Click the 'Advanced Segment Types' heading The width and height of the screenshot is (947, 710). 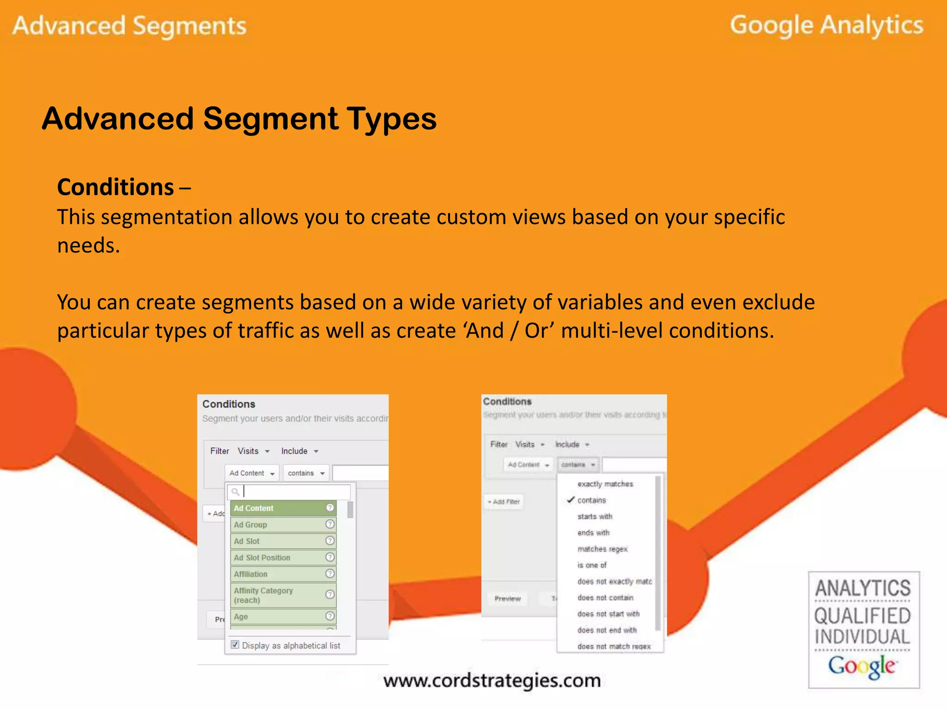tap(239, 119)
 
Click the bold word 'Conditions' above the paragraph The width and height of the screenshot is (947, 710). tap(116, 187)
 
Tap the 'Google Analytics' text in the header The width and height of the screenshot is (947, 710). tap(826, 25)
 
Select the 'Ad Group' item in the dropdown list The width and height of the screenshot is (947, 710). tap(250, 525)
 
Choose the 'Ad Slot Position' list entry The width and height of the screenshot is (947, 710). tap(262, 557)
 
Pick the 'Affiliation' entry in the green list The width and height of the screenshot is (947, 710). tap(251, 574)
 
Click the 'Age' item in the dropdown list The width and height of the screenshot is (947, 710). tap(241, 617)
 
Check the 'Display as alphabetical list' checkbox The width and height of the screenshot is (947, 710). tap(235, 645)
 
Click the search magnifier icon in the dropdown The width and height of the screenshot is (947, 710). tap(235, 492)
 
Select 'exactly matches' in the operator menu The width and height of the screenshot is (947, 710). tap(605, 484)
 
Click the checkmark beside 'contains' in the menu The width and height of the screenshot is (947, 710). tap(571, 500)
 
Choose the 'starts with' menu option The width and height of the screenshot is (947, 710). tap(595, 516)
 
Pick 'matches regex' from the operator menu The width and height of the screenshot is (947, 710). tap(602, 549)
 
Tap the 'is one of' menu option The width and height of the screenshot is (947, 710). tap(592, 565)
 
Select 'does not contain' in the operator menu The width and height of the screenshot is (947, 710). tap(605, 598)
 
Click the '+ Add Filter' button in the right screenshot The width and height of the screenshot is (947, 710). tap(504, 502)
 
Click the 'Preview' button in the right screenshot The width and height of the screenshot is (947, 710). tap(507, 599)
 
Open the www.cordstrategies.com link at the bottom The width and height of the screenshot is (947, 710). tap(492, 680)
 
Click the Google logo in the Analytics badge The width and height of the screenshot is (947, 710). tap(862, 666)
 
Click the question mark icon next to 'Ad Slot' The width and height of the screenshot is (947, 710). tap(330, 541)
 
